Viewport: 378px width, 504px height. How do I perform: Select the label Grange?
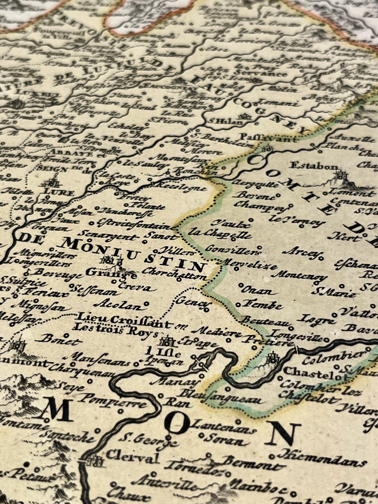point(111,273)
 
